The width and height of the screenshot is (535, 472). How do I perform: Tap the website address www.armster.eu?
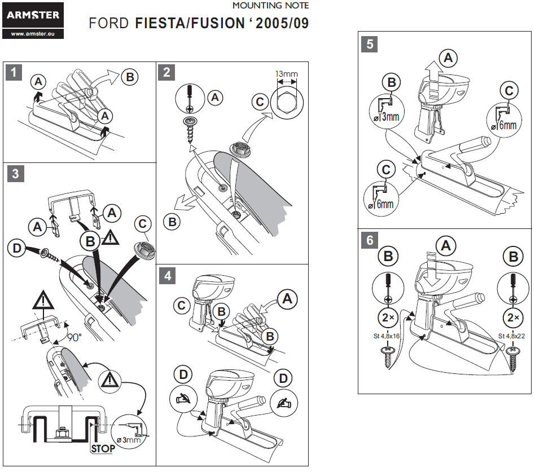point(32,34)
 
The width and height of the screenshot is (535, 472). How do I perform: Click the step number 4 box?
point(168,275)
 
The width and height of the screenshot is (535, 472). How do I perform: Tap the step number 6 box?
point(370,240)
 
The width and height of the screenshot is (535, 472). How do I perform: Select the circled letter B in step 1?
point(130,77)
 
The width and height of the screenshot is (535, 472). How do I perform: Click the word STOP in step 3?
point(103,448)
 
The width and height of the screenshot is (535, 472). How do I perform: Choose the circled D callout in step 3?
point(17,247)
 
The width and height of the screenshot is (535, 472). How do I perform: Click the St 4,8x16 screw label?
point(388,337)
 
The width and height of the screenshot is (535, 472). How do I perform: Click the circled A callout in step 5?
point(448,57)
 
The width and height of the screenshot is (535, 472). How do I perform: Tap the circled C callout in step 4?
point(182,306)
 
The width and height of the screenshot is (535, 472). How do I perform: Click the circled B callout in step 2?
point(173,222)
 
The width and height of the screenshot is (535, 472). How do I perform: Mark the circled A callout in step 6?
point(447,246)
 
